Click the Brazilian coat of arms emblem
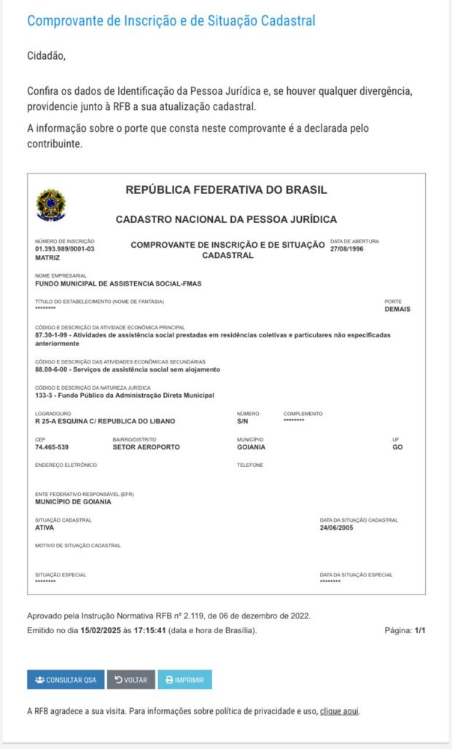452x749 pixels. [x=51, y=205]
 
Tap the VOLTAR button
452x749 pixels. [x=131, y=680]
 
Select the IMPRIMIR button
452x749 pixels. [x=185, y=680]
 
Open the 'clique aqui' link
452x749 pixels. [x=340, y=711]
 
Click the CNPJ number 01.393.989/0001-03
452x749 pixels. [x=65, y=249]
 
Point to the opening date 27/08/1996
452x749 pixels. [x=347, y=249]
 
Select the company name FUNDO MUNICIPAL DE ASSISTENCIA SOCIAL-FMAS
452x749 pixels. [x=118, y=283]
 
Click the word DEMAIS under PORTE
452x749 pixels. [x=397, y=309]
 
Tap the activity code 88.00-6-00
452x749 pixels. [x=53, y=369]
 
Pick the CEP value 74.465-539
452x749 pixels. [x=52, y=447]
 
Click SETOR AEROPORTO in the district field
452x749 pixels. [x=146, y=447]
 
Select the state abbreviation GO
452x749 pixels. [x=397, y=447]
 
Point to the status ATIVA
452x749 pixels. [x=44, y=528]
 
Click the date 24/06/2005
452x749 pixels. [x=336, y=528]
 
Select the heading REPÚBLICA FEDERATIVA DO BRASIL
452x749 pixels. [x=226, y=190]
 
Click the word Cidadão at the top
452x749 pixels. [x=46, y=56]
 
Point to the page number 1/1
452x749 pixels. [x=420, y=630]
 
